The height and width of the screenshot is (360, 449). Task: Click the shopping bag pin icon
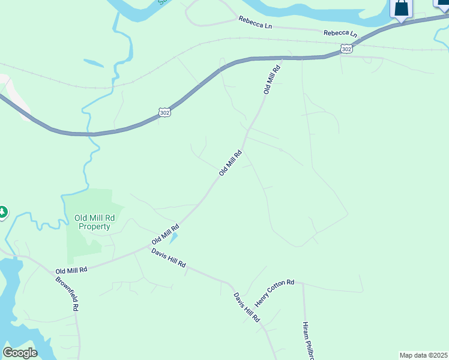pyautogui.click(x=402, y=9)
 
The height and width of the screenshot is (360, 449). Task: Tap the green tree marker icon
pyautogui.click(x=2, y=212)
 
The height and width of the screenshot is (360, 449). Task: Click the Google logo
pyautogui.click(x=20, y=353)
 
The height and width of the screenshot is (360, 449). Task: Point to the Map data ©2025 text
pyautogui.click(x=423, y=355)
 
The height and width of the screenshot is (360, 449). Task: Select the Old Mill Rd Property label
pyautogui.click(x=92, y=222)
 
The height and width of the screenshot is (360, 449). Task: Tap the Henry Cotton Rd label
pyautogui.click(x=274, y=291)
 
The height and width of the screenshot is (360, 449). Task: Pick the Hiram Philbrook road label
pyautogui.click(x=309, y=340)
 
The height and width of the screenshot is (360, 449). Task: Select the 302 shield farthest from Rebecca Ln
pyautogui.click(x=164, y=112)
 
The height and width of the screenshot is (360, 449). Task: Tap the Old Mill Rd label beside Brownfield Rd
pyautogui.click(x=71, y=271)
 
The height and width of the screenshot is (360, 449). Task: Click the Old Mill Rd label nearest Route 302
pyautogui.click(x=272, y=80)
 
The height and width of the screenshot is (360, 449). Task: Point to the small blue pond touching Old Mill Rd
pyautogui.click(x=173, y=238)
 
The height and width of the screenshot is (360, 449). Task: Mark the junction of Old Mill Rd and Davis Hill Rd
pyautogui.click(x=150, y=245)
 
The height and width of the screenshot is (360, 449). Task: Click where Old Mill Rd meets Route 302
pyautogui.click(x=280, y=58)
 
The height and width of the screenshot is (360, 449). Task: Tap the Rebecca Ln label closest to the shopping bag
pyautogui.click(x=340, y=34)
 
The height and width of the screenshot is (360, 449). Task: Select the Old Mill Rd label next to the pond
pyautogui.click(x=166, y=235)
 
